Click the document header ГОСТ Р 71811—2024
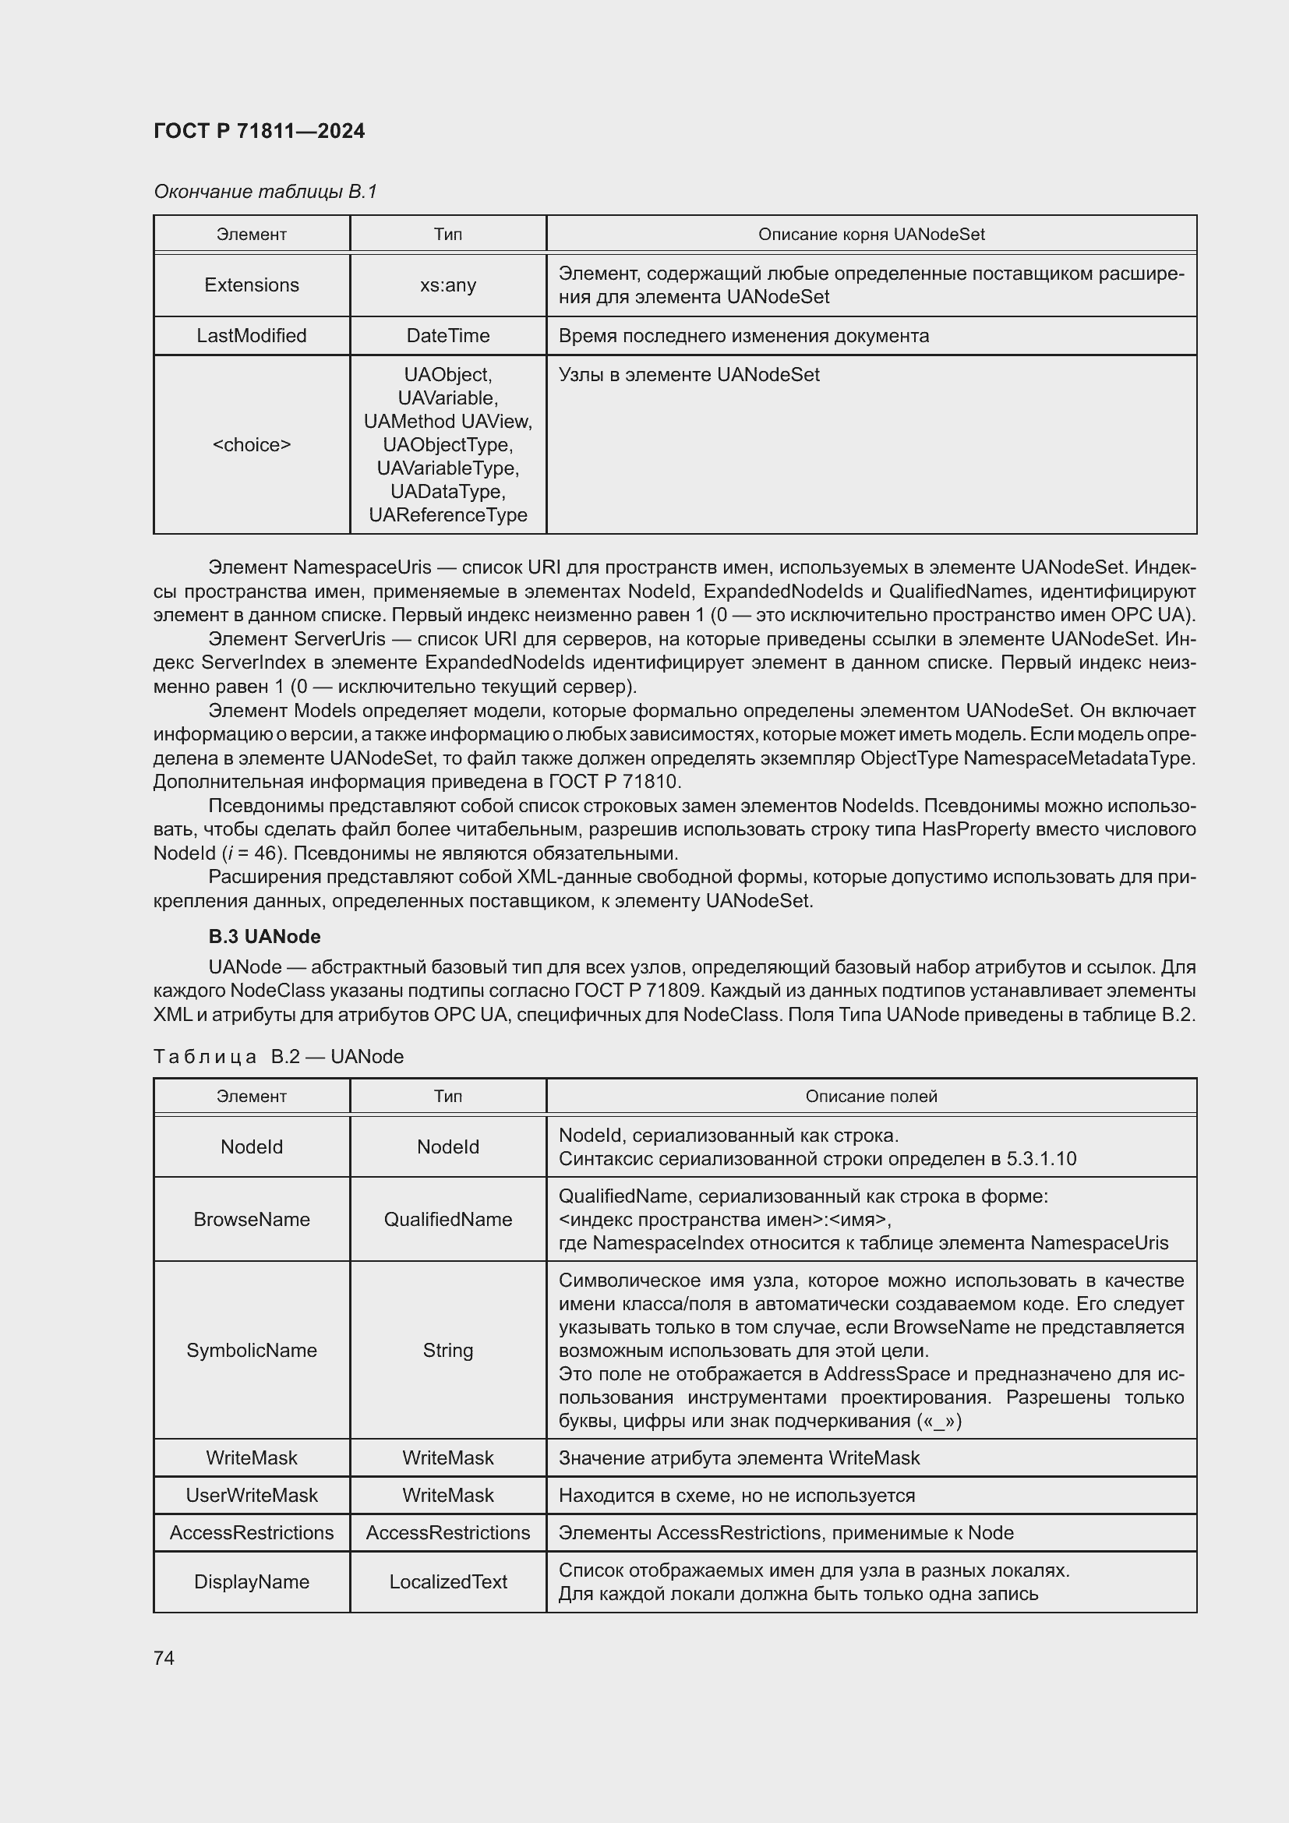pos(259,131)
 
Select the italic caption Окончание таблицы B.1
pos(265,192)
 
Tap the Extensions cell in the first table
pos(252,285)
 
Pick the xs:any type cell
pos(447,285)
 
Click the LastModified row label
pos(252,336)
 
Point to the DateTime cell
pos(447,336)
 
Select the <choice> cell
pos(252,444)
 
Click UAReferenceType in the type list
pos(447,514)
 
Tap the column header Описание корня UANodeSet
pos(871,235)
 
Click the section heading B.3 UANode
pos(264,936)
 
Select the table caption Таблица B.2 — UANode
pos(277,1056)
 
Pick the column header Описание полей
pos(871,1096)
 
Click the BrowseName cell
pos(252,1219)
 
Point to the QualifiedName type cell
pos(447,1219)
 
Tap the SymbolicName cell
pos(252,1350)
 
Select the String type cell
pos(447,1350)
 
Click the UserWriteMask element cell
pos(252,1495)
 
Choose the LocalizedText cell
pos(447,1581)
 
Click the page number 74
pos(164,1658)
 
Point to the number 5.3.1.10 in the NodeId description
pos(1040,1158)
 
